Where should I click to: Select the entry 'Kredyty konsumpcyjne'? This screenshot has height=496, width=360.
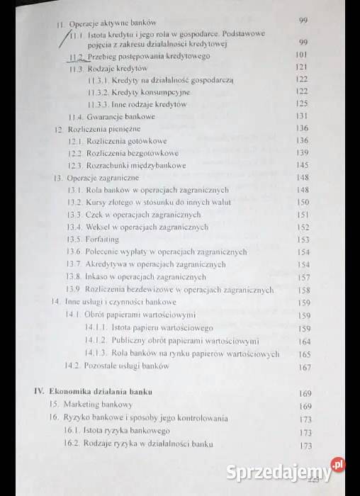click(145, 92)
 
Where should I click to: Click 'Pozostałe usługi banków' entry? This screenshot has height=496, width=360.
click(126, 366)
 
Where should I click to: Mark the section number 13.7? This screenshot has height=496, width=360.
click(74, 264)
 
